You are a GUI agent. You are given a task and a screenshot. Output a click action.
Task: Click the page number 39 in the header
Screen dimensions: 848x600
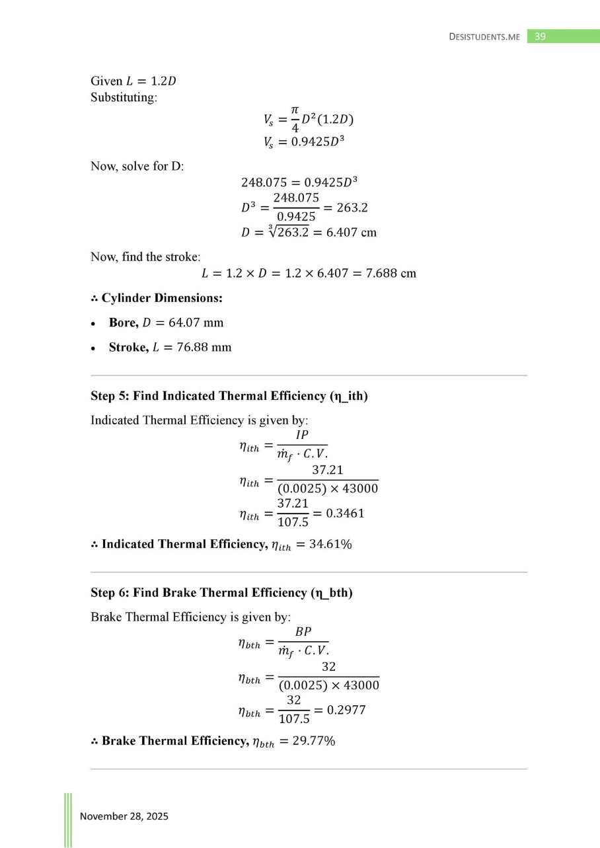[x=540, y=36]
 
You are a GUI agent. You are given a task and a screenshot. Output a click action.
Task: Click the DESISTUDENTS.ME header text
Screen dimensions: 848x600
[x=484, y=37]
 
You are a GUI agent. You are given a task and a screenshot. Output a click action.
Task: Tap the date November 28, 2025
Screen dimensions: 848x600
[x=124, y=816]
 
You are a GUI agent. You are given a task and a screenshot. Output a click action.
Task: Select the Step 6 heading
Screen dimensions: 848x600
[x=221, y=593]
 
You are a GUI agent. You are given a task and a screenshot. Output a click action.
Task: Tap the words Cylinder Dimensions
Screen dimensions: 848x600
[x=161, y=298]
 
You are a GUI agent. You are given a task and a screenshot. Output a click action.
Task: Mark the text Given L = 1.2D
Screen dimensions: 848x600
[x=133, y=81]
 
